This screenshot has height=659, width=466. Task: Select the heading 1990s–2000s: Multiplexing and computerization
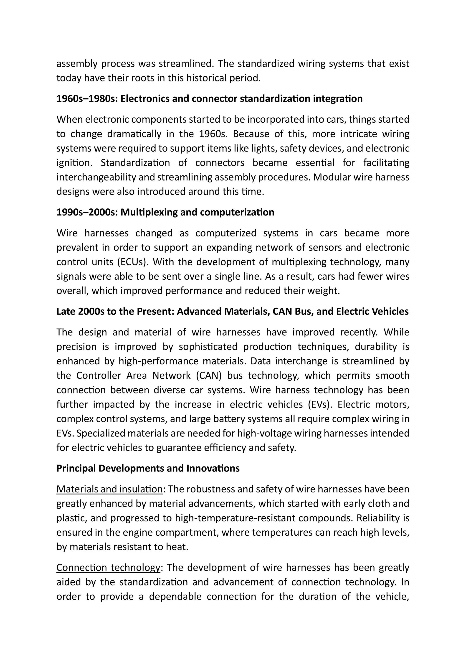coord(165,212)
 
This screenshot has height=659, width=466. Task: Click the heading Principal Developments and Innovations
coord(148,468)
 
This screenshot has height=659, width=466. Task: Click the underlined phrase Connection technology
coord(108,568)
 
